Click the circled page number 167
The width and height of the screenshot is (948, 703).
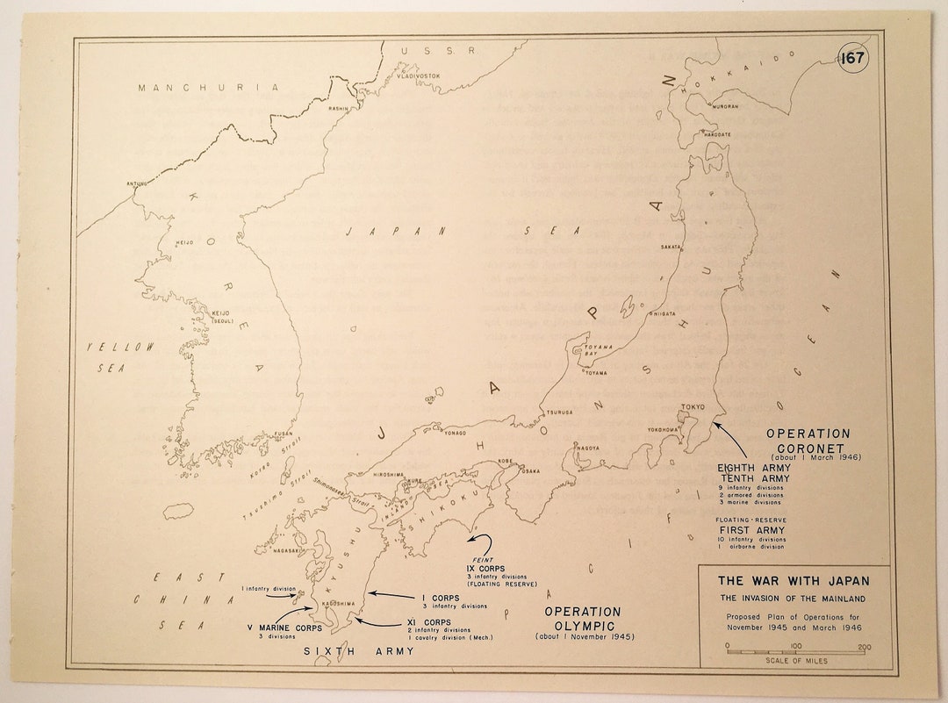pyautogui.click(x=852, y=60)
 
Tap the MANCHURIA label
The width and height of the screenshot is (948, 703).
pyautogui.click(x=208, y=88)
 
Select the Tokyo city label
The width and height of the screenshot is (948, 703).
pyautogui.click(x=693, y=406)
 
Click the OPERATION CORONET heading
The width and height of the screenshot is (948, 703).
pyautogui.click(x=808, y=440)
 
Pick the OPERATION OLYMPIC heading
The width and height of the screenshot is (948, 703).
pyautogui.click(x=582, y=618)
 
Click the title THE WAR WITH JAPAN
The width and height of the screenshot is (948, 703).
pyautogui.click(x=794, y=580)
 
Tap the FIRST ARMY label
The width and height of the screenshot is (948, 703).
pyautogui.click(x=752, y=531)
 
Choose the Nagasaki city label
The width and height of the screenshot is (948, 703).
pyautogui.click(x=289, y=550)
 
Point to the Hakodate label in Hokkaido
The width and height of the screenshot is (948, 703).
pyautogui.click(x=716, y=134)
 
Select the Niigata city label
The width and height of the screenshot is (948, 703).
pyautogui.click(x=662, y=313)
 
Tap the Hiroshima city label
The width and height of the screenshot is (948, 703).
pyautogui.click(x=387, y=474)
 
